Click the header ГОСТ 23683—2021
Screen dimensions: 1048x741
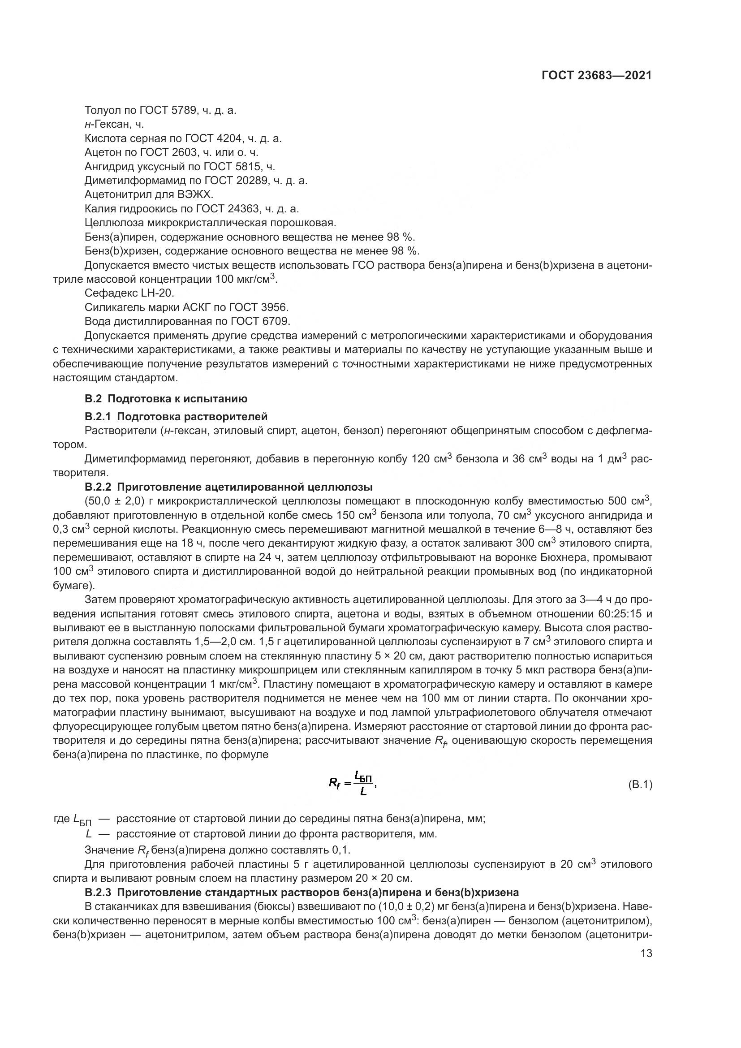point(596,75)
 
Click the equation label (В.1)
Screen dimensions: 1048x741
point(640,785)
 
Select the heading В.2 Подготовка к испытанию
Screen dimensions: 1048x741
point(166,398)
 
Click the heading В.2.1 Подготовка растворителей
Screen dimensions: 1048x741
point(176,416)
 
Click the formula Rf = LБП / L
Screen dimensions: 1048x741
point(352,783)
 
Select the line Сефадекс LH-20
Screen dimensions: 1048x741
point(129,293)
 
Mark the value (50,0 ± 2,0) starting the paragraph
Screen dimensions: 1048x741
point(115,501)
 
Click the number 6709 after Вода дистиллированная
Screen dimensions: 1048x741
point(276,321)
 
